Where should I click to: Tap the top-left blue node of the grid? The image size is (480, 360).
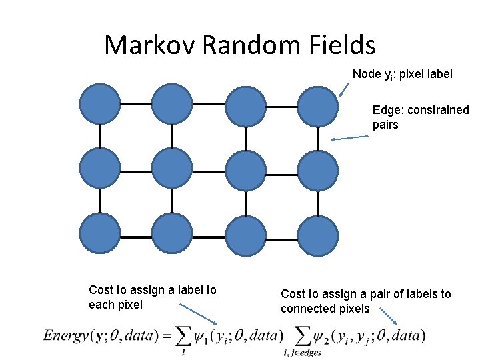tap(100, 104)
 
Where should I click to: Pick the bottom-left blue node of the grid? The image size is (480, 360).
tap(100, 235)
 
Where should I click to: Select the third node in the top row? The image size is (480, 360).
tap(245, 105)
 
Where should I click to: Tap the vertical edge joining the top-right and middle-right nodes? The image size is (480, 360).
tap(317, 137)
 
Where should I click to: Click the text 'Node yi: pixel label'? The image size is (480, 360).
tap(402, 75)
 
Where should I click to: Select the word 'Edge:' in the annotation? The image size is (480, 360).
tap(386, 111)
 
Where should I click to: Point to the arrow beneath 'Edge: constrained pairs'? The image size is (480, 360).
tap(350, 138)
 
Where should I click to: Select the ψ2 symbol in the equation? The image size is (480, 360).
tap(323, 336)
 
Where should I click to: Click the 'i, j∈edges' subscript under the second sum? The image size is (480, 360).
tap(302, 352)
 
